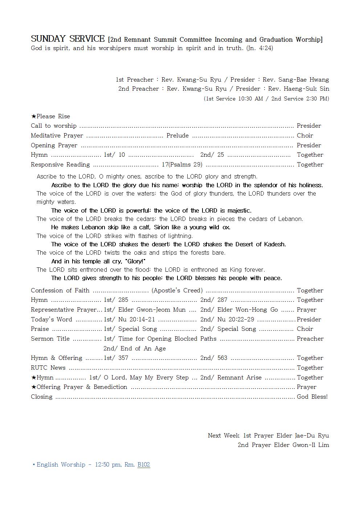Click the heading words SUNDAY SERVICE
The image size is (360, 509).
point(68,39)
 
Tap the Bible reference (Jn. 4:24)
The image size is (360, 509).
point(259,48)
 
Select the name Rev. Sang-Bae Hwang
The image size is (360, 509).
point(296,79)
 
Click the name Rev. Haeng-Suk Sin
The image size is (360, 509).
point(299,89)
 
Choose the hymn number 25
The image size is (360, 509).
point(221,155)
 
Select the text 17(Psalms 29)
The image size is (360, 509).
point(182,164)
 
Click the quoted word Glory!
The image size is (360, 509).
point(135,261)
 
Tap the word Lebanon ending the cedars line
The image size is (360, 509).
point(290,219)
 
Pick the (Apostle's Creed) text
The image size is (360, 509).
point(177,290)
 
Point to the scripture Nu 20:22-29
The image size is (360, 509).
point(236,319)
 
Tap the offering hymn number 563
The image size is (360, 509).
point(222,358)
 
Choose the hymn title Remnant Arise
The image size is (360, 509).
point(239,377)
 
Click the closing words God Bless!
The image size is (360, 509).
point(312,397)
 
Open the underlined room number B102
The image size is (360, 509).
point(144,464)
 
